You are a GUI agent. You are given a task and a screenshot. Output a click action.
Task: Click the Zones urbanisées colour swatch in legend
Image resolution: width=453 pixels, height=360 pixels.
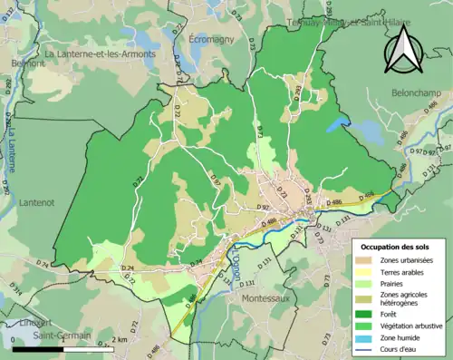pos(365,261)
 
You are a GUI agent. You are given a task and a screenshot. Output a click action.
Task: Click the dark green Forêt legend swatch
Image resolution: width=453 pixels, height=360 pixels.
pos(365,314)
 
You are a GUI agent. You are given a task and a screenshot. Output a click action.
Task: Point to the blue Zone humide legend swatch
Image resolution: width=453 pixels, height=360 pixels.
pos(365,339)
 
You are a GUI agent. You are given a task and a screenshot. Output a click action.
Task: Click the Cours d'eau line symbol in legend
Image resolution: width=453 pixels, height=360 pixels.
pos(365,351)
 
